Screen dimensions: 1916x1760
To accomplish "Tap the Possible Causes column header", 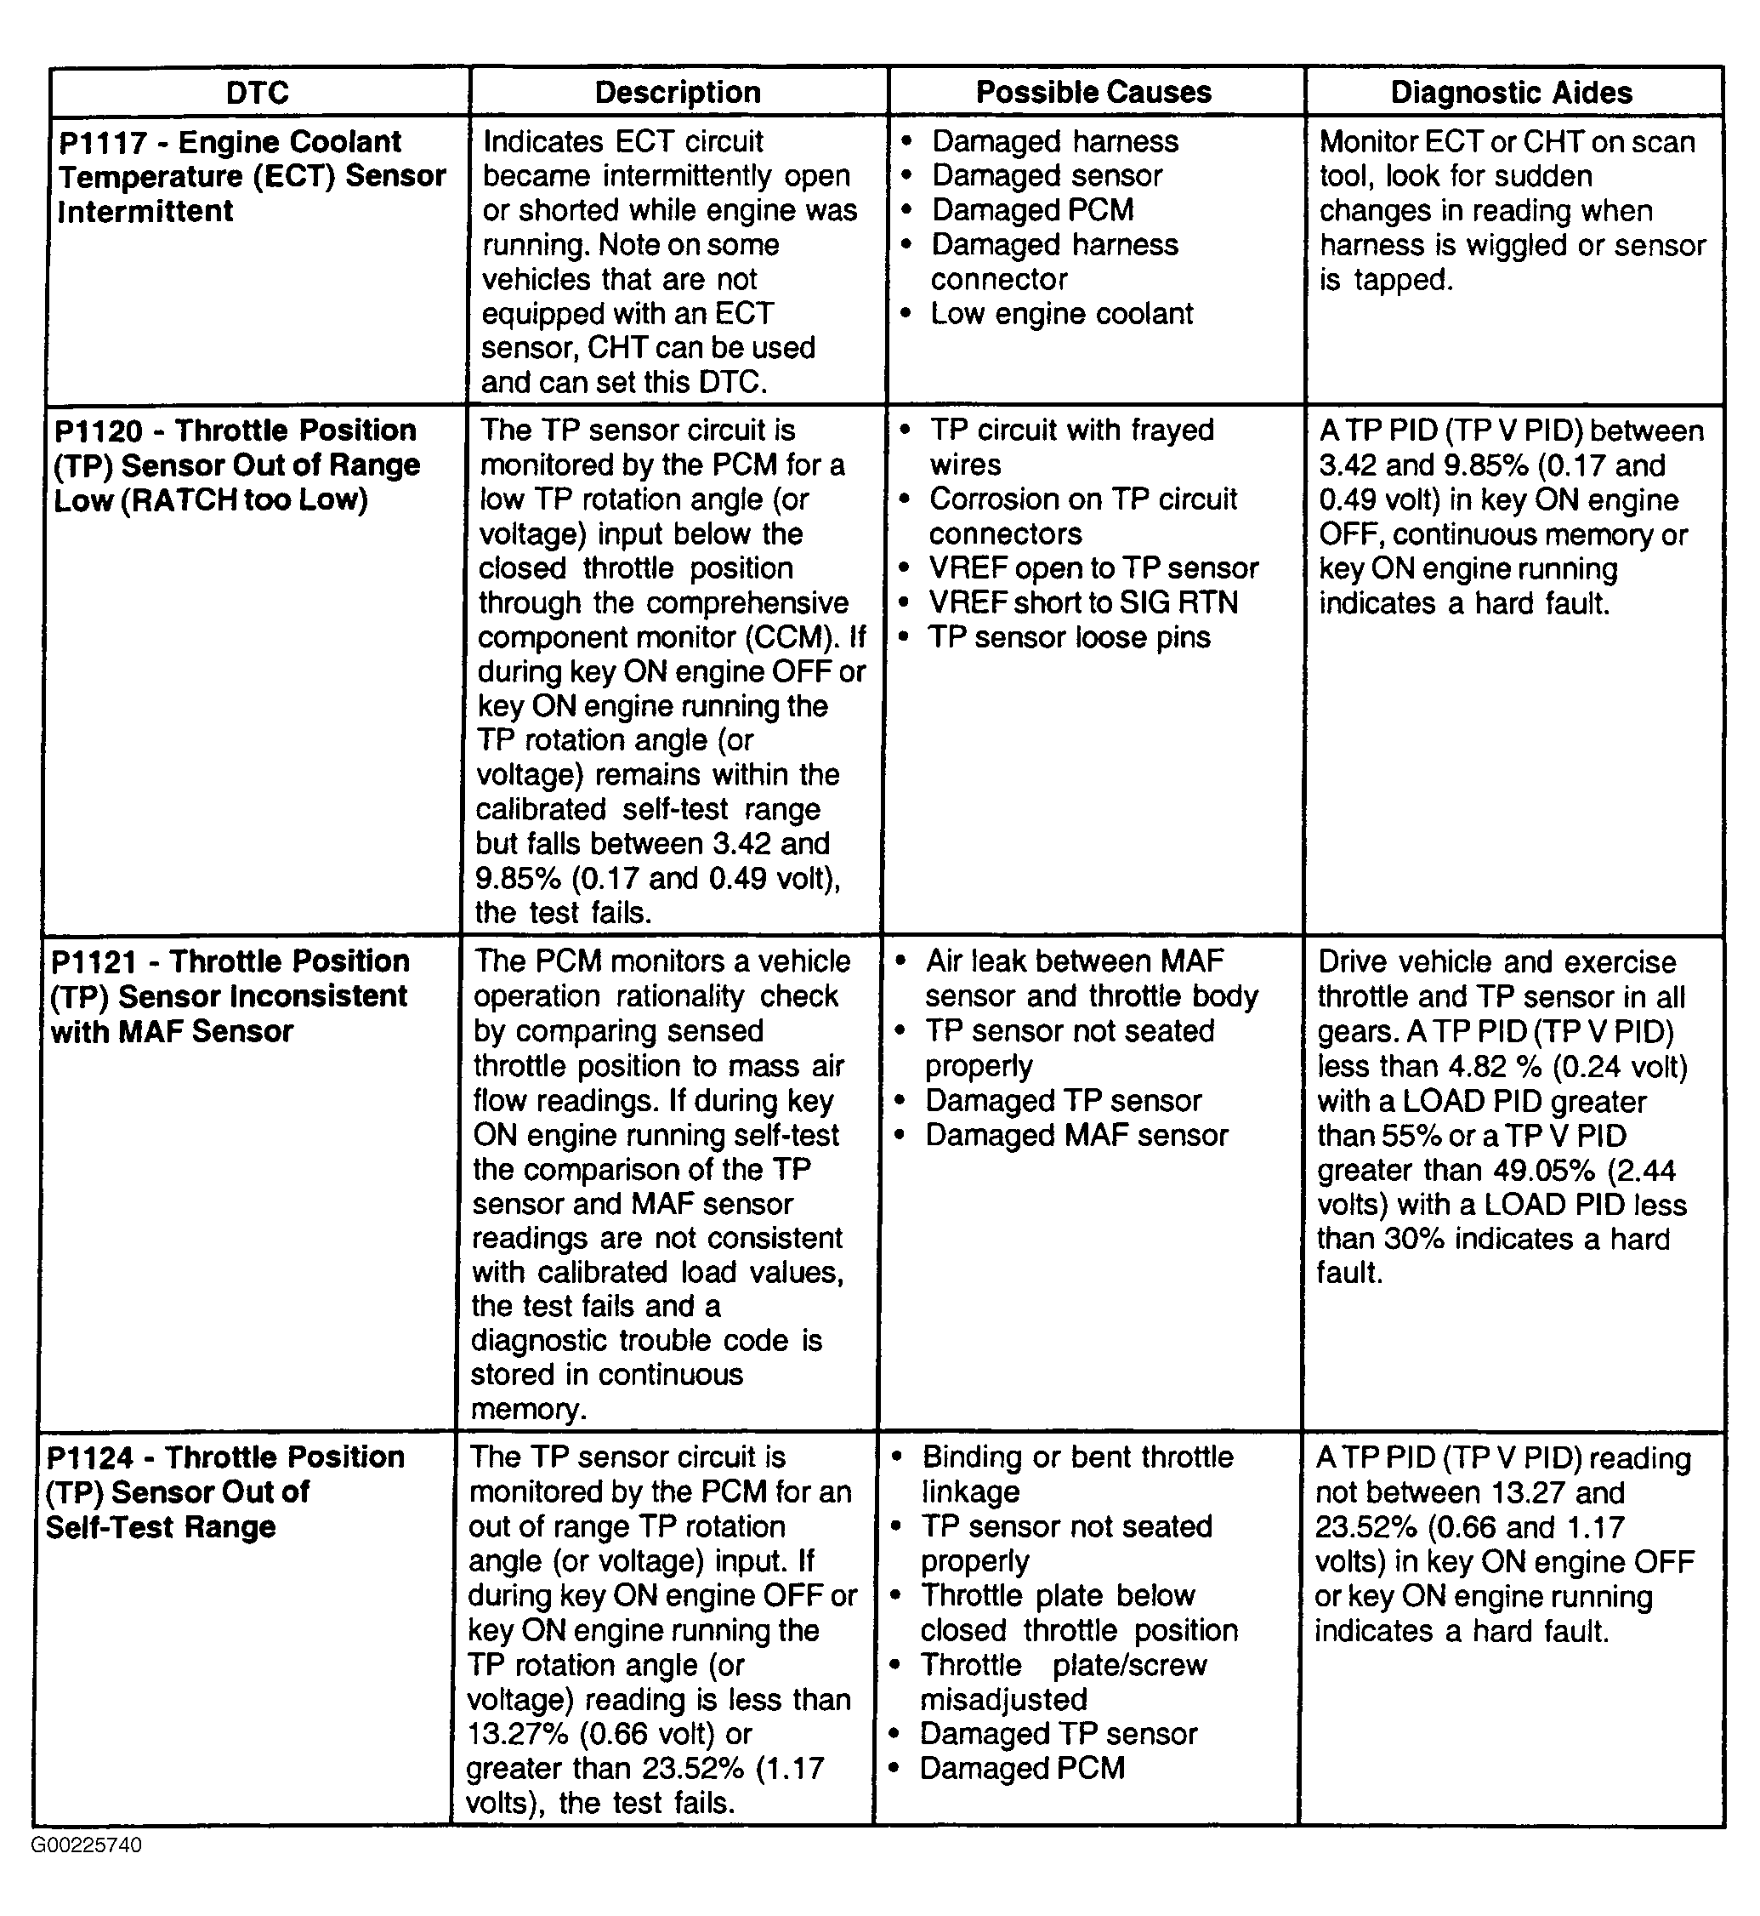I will coord(1093,93).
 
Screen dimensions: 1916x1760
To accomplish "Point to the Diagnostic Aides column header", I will coord(1512,93).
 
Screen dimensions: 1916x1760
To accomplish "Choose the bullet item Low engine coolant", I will coord(1061,313).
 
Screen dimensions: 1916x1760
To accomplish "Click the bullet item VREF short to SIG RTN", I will coord(1083,603).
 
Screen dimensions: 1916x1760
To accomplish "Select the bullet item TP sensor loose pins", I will coord(1069,637).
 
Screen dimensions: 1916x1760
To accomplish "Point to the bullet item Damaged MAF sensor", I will coord(1076,1136).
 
